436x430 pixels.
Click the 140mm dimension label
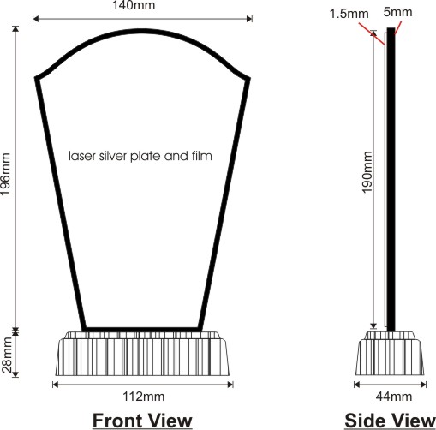(x=134, y=5)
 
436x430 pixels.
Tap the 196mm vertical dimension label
(x=6, y=174)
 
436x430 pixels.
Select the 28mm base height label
(x=7, y=355)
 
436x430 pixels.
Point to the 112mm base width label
(x=143, y=397)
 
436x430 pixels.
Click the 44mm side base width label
(x=394, y=397)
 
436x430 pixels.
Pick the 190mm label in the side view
(x=367, y=172)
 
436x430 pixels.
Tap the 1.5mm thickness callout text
(x=349, y=14)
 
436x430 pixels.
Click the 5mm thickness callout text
(x=397, y=12)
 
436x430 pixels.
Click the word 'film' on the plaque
(x=202, y=156)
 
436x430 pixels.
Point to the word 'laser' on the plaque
(x=82, y=156)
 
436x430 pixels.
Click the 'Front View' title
(x=142, y=421)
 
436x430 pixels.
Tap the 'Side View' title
(x=390, y=421)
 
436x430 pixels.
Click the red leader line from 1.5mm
(x=372, y=33)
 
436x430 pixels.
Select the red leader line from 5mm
(x=398, y=28)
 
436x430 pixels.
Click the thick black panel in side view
(x=391, y=180)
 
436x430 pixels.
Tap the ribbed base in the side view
(x=390, y=354)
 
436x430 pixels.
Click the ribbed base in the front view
(x=142, y=354)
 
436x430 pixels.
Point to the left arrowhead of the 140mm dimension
(x=35, y=19)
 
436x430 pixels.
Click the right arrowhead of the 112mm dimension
(x=230, y=385)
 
